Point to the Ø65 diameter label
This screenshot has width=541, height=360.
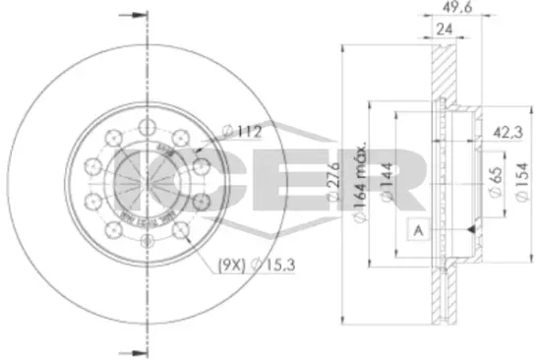coord(492,179)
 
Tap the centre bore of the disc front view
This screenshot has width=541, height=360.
coord(147,181)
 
